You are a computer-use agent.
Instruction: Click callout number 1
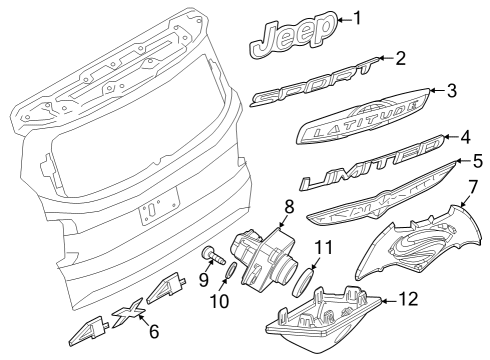tap(361, 18)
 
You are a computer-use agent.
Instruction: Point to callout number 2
tap(400, 58)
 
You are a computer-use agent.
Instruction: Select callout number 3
tap(451, 91)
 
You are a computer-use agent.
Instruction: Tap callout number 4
tap(464, 136)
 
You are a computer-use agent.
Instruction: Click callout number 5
tap(478, 159)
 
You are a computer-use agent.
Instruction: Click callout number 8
tap(288, 207)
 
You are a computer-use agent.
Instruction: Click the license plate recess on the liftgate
tap(158, 206)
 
